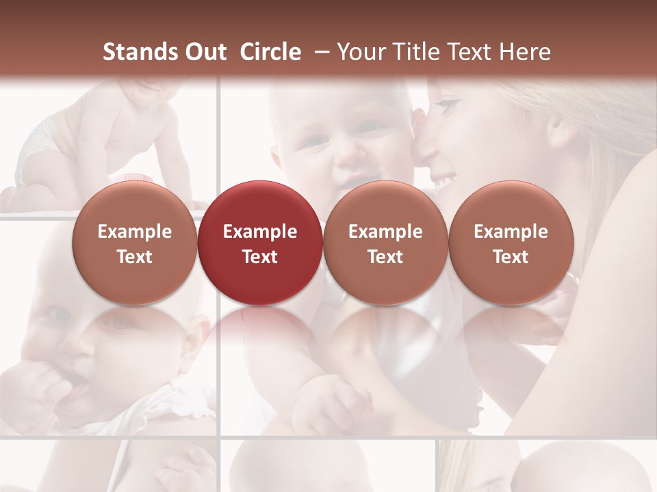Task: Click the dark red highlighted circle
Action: pyautogui.click(x=260, y=243)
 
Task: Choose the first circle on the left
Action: pyautogui.click(x=135, y=243)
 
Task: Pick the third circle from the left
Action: pyautogui.click(x=385, y=243)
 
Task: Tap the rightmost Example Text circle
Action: pyautogui.click(x=511, y=243)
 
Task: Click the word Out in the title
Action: pyautogui.click(x=203, y=52)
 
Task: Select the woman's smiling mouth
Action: pyautogui.click(x=445, y=182)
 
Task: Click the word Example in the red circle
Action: pyautogui.click(x=260, y=232)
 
